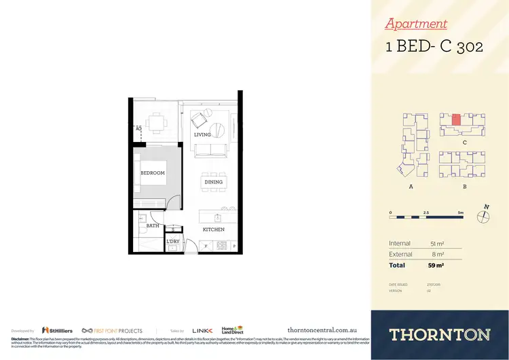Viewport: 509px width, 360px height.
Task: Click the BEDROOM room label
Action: coord(153,173)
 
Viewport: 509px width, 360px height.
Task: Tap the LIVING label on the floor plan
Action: coord(202,134)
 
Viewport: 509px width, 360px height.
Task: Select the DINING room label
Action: coord(213,182)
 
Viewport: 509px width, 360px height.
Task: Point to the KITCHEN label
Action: coord(213,230)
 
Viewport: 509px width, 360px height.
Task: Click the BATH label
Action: coord(153,225)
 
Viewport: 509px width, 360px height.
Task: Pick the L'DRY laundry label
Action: coord(173,241)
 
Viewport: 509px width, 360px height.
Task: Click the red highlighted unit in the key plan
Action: coord(456,120)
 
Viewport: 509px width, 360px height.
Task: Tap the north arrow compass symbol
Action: coord(483,215)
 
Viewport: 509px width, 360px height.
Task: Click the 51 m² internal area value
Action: coord(437,243)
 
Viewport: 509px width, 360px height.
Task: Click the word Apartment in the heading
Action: coord(416,24)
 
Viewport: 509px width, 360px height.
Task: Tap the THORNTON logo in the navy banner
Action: coord(439,334)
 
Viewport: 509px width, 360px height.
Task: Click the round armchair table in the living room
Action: coord(219,130)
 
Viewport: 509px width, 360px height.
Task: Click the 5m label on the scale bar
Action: coord(461,213)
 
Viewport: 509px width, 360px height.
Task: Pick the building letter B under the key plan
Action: coord(464,186)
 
